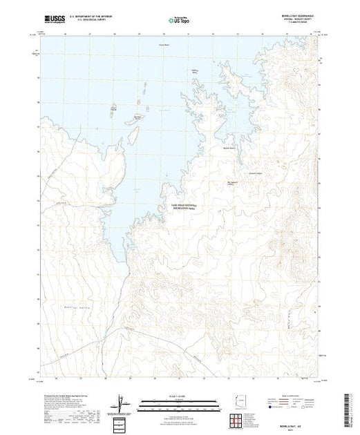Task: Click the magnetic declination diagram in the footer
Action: pyautogui.click(x=122, y=403)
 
